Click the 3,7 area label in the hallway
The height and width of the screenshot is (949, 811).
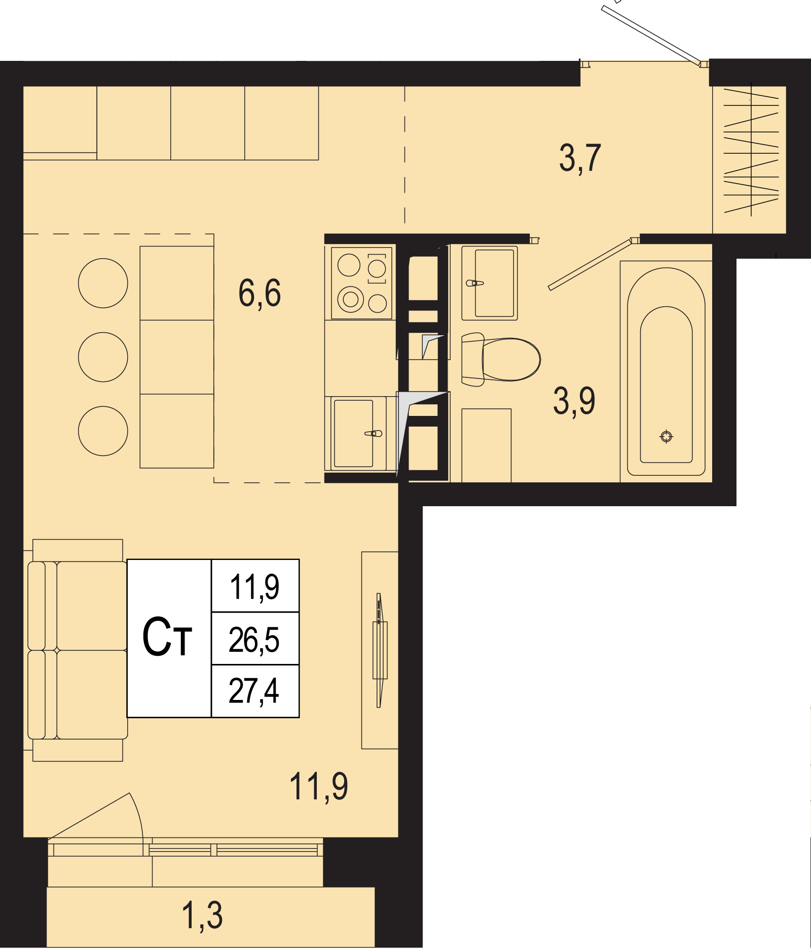(580, 158)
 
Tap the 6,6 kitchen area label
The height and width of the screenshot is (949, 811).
(260, 293)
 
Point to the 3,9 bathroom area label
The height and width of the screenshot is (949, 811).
(574, 401)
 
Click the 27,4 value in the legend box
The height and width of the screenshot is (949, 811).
(254, 691)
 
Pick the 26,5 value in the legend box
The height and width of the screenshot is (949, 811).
(254, 640)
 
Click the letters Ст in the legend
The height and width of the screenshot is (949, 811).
(167, 637)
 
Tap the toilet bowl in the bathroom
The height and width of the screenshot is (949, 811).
(501, 359)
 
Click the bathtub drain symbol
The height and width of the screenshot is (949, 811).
(667, 436)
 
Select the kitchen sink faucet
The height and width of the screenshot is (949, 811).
(374, 434)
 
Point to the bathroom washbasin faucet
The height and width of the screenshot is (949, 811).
(474, 283)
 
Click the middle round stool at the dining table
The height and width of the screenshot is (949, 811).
(103, 357)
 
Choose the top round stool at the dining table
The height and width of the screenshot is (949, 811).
(103, 283)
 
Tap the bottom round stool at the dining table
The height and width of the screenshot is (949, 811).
(103, 431)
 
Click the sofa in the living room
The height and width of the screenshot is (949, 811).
(77, 650)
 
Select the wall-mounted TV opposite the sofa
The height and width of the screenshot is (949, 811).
(380, 650)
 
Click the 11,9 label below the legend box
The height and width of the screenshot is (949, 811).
(319, 786)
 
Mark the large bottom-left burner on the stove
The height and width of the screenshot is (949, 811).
(351, 299)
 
